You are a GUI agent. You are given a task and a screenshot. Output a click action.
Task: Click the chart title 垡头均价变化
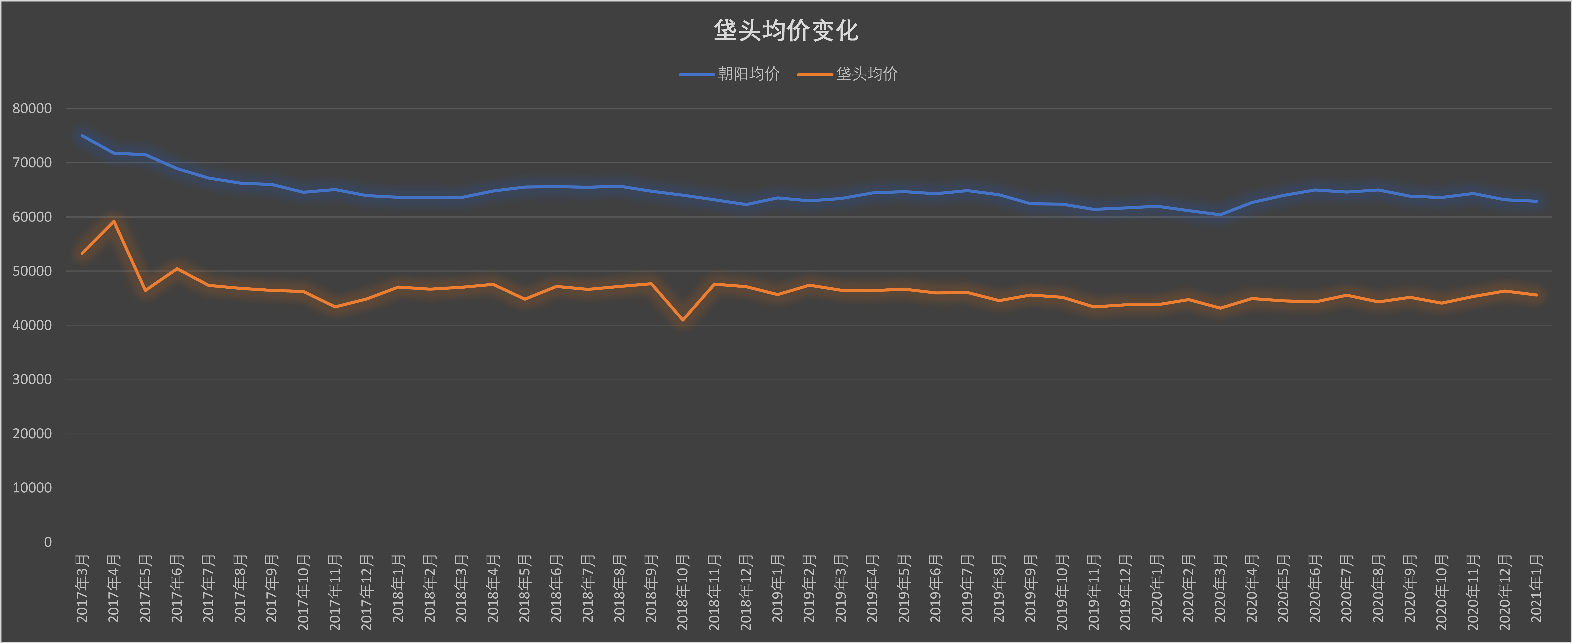pyautogui.click(x=786, y=30)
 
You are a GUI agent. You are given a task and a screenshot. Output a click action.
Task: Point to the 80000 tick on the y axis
pyautogui.click(x=32, y=109)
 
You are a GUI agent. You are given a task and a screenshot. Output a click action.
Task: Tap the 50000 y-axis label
pyautogui.click(x=32, y=271)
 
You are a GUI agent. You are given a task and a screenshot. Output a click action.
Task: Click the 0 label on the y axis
pyautogui.click(x=48, y=542)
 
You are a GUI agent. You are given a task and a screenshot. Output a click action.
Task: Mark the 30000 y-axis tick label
pyautogui.click(x=32, y=379)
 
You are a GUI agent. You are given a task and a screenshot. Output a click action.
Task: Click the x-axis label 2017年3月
pyautogui.click(x=82, y=589)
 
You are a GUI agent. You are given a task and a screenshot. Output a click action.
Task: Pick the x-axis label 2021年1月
pyautogui.click(x=1537, y=589)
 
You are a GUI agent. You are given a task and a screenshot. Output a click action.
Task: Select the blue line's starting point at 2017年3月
pyautogui.click(x=82, y=136)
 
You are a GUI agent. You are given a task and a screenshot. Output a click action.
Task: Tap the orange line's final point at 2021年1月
pyautogui.click(x=1537, y=295)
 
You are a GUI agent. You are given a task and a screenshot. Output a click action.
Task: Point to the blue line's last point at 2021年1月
pyautogui.click(x=1537, y=201)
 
